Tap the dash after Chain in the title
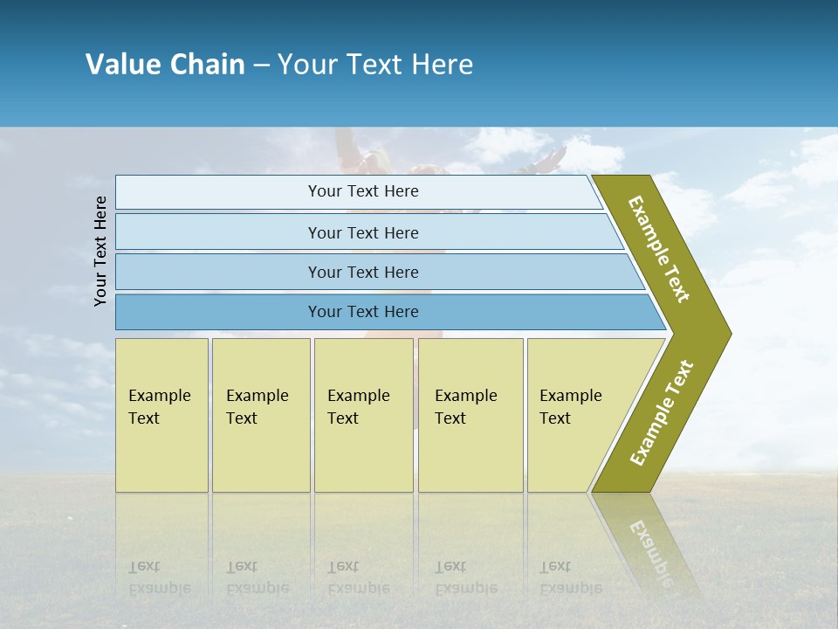click(x=261, y=66)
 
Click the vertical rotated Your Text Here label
click(x=101, y=251)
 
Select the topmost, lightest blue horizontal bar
click(x=362, y=191)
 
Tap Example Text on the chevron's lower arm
click(x=662, y=413)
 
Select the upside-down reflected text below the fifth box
click(x=569, y=577)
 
